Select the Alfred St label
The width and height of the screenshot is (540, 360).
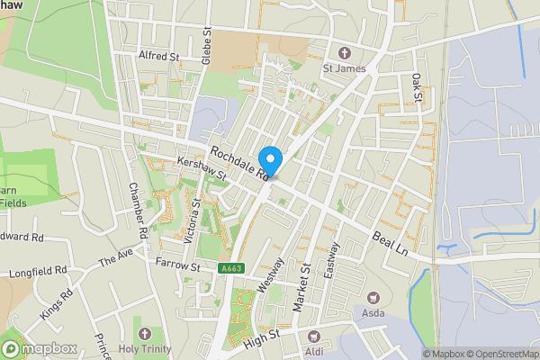pyautogui.click(x=160, y=56)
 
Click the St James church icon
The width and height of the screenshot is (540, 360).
pyautogui.click(x=343, y=50)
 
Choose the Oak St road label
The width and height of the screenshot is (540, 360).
pyautogui.click(x=417, y=88)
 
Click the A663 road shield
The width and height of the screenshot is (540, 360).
pyautogui.click(x=230, y=268)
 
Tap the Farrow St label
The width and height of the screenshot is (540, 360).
pyautogui.click(x=175, y=266)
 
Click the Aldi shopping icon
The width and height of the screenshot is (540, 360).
pyautogui.click(x=314, y=335)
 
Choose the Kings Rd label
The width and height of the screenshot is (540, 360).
pyautogui.click(x=55, y=309)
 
